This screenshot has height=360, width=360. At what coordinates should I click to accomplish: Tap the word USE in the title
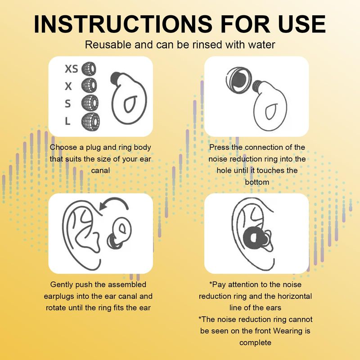[301, 24]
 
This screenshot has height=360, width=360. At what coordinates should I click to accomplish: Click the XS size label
[72, 69]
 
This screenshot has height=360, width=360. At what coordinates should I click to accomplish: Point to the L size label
[67, 121]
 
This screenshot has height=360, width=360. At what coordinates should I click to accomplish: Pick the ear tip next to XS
[89, 69]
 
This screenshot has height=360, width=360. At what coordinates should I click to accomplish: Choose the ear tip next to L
[91, 121]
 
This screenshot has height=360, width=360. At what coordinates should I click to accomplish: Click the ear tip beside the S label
[90, 103]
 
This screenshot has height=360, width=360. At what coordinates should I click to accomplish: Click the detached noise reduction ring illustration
[239, 80]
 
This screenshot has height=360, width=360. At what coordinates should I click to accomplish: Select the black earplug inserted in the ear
[255, 237]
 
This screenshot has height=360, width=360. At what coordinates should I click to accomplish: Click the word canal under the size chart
[100, 171]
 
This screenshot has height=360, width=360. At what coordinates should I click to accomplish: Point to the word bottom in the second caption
[257, 182]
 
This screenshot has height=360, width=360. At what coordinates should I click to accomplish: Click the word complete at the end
[255, 343]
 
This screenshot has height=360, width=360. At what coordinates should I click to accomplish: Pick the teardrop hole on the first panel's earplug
[130, 104]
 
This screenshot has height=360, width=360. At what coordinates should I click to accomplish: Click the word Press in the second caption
[219, 147]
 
